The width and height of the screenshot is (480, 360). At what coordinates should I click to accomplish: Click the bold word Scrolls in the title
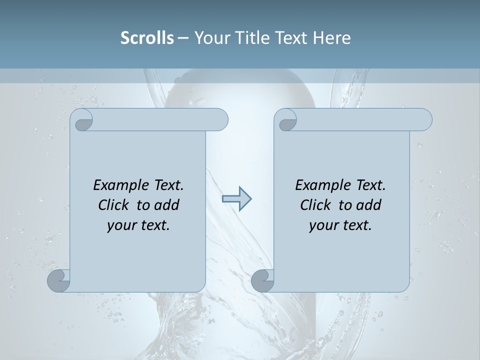coord(147,38)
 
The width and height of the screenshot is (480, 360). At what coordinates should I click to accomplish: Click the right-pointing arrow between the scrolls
coord(236,199)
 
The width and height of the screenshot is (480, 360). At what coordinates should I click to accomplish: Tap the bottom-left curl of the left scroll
coord(59,281)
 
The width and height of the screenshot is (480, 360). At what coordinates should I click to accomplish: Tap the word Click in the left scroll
coord(115,205)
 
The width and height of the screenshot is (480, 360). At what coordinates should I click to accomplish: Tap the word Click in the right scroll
coord(317,205)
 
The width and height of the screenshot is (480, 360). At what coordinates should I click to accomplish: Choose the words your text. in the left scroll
coord(138,225)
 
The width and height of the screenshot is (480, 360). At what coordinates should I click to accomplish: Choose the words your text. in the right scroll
coord(340,225)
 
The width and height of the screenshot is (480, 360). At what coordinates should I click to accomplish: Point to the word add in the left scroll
coord(167,205)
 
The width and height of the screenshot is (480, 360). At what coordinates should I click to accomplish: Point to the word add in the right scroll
coord(369,205)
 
